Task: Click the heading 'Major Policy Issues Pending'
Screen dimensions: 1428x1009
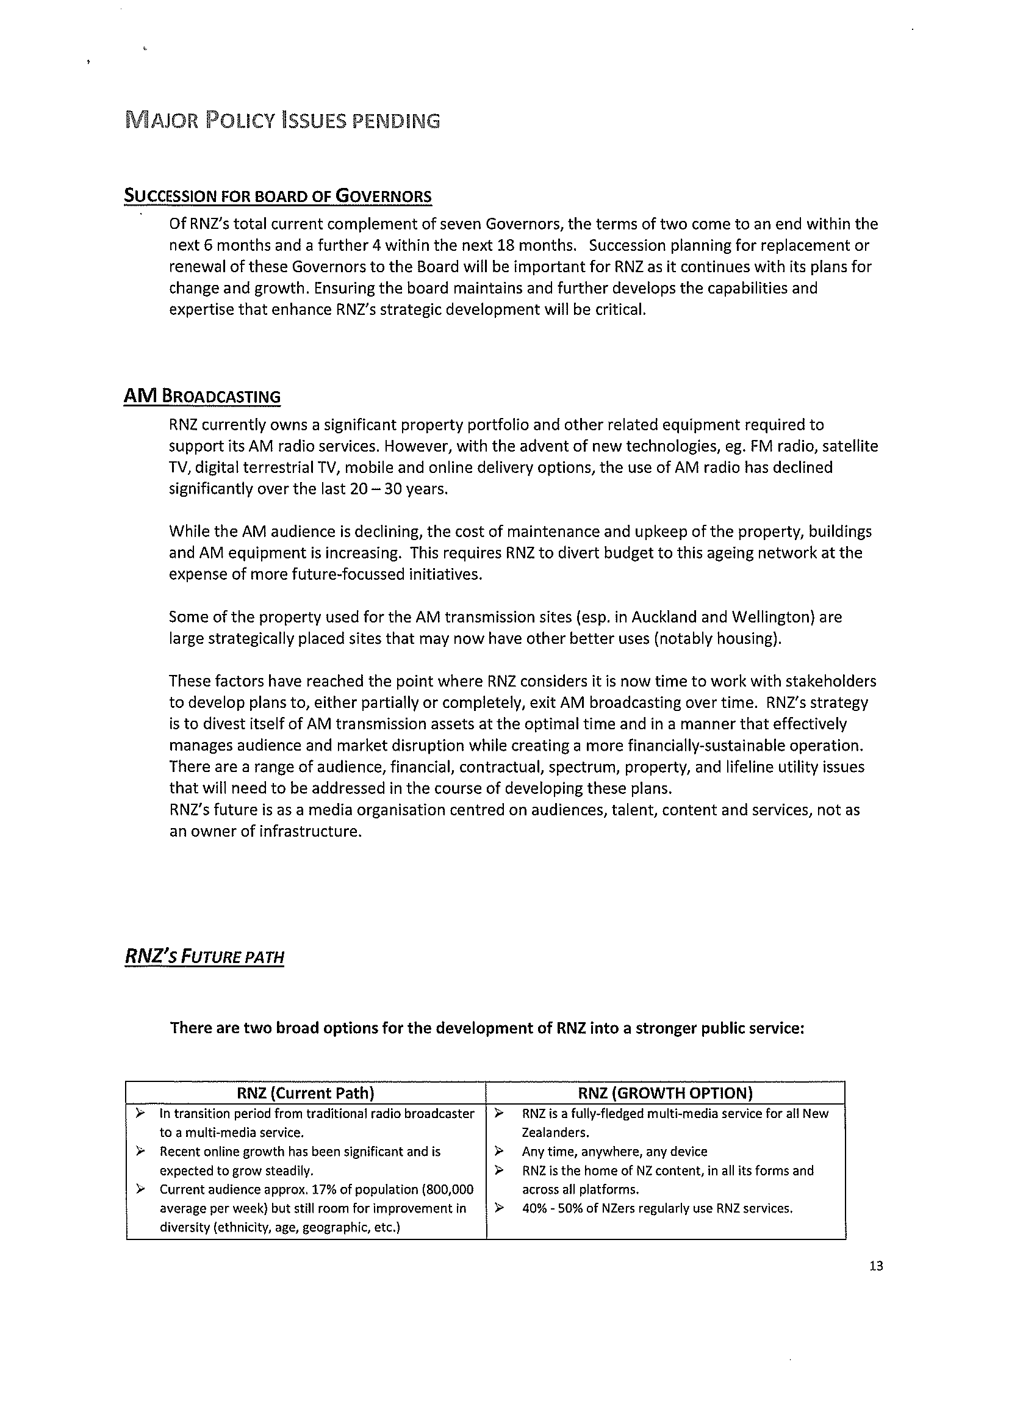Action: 282,120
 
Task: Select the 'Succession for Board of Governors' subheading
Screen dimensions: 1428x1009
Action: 278,197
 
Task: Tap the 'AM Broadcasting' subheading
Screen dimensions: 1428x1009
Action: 202,397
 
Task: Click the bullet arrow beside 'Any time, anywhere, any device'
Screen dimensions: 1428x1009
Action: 498,1151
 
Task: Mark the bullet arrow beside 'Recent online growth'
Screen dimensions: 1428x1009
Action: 140,1151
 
